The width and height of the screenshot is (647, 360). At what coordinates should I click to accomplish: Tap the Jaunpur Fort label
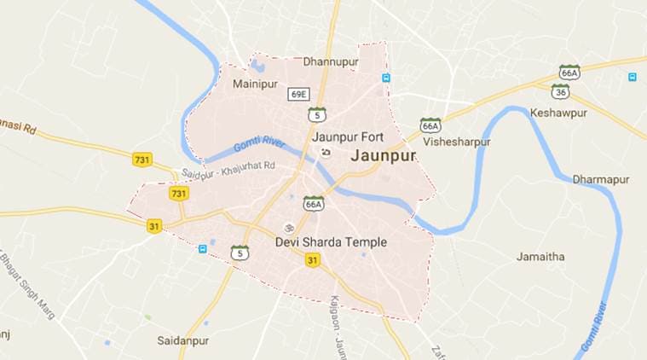[x=348, y=136]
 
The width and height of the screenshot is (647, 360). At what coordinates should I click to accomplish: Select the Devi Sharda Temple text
[x=331, y=242]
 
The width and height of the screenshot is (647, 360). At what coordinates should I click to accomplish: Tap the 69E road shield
[x=298, y=93]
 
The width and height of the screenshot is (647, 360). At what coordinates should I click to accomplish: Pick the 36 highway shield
[x=561, y=90]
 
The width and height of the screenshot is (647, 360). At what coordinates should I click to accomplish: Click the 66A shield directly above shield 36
[x=569, y=72]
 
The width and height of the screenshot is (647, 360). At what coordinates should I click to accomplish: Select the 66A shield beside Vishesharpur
[x=430, y=125]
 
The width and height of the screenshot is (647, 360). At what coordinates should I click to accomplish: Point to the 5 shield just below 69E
[x=317, y=113]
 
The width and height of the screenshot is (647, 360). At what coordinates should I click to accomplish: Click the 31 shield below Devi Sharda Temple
[x=313, y=259]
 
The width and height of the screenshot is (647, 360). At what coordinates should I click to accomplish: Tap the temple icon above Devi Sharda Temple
[x=289, y=228]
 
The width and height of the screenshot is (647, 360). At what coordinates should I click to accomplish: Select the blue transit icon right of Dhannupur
[x=386, y=78]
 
